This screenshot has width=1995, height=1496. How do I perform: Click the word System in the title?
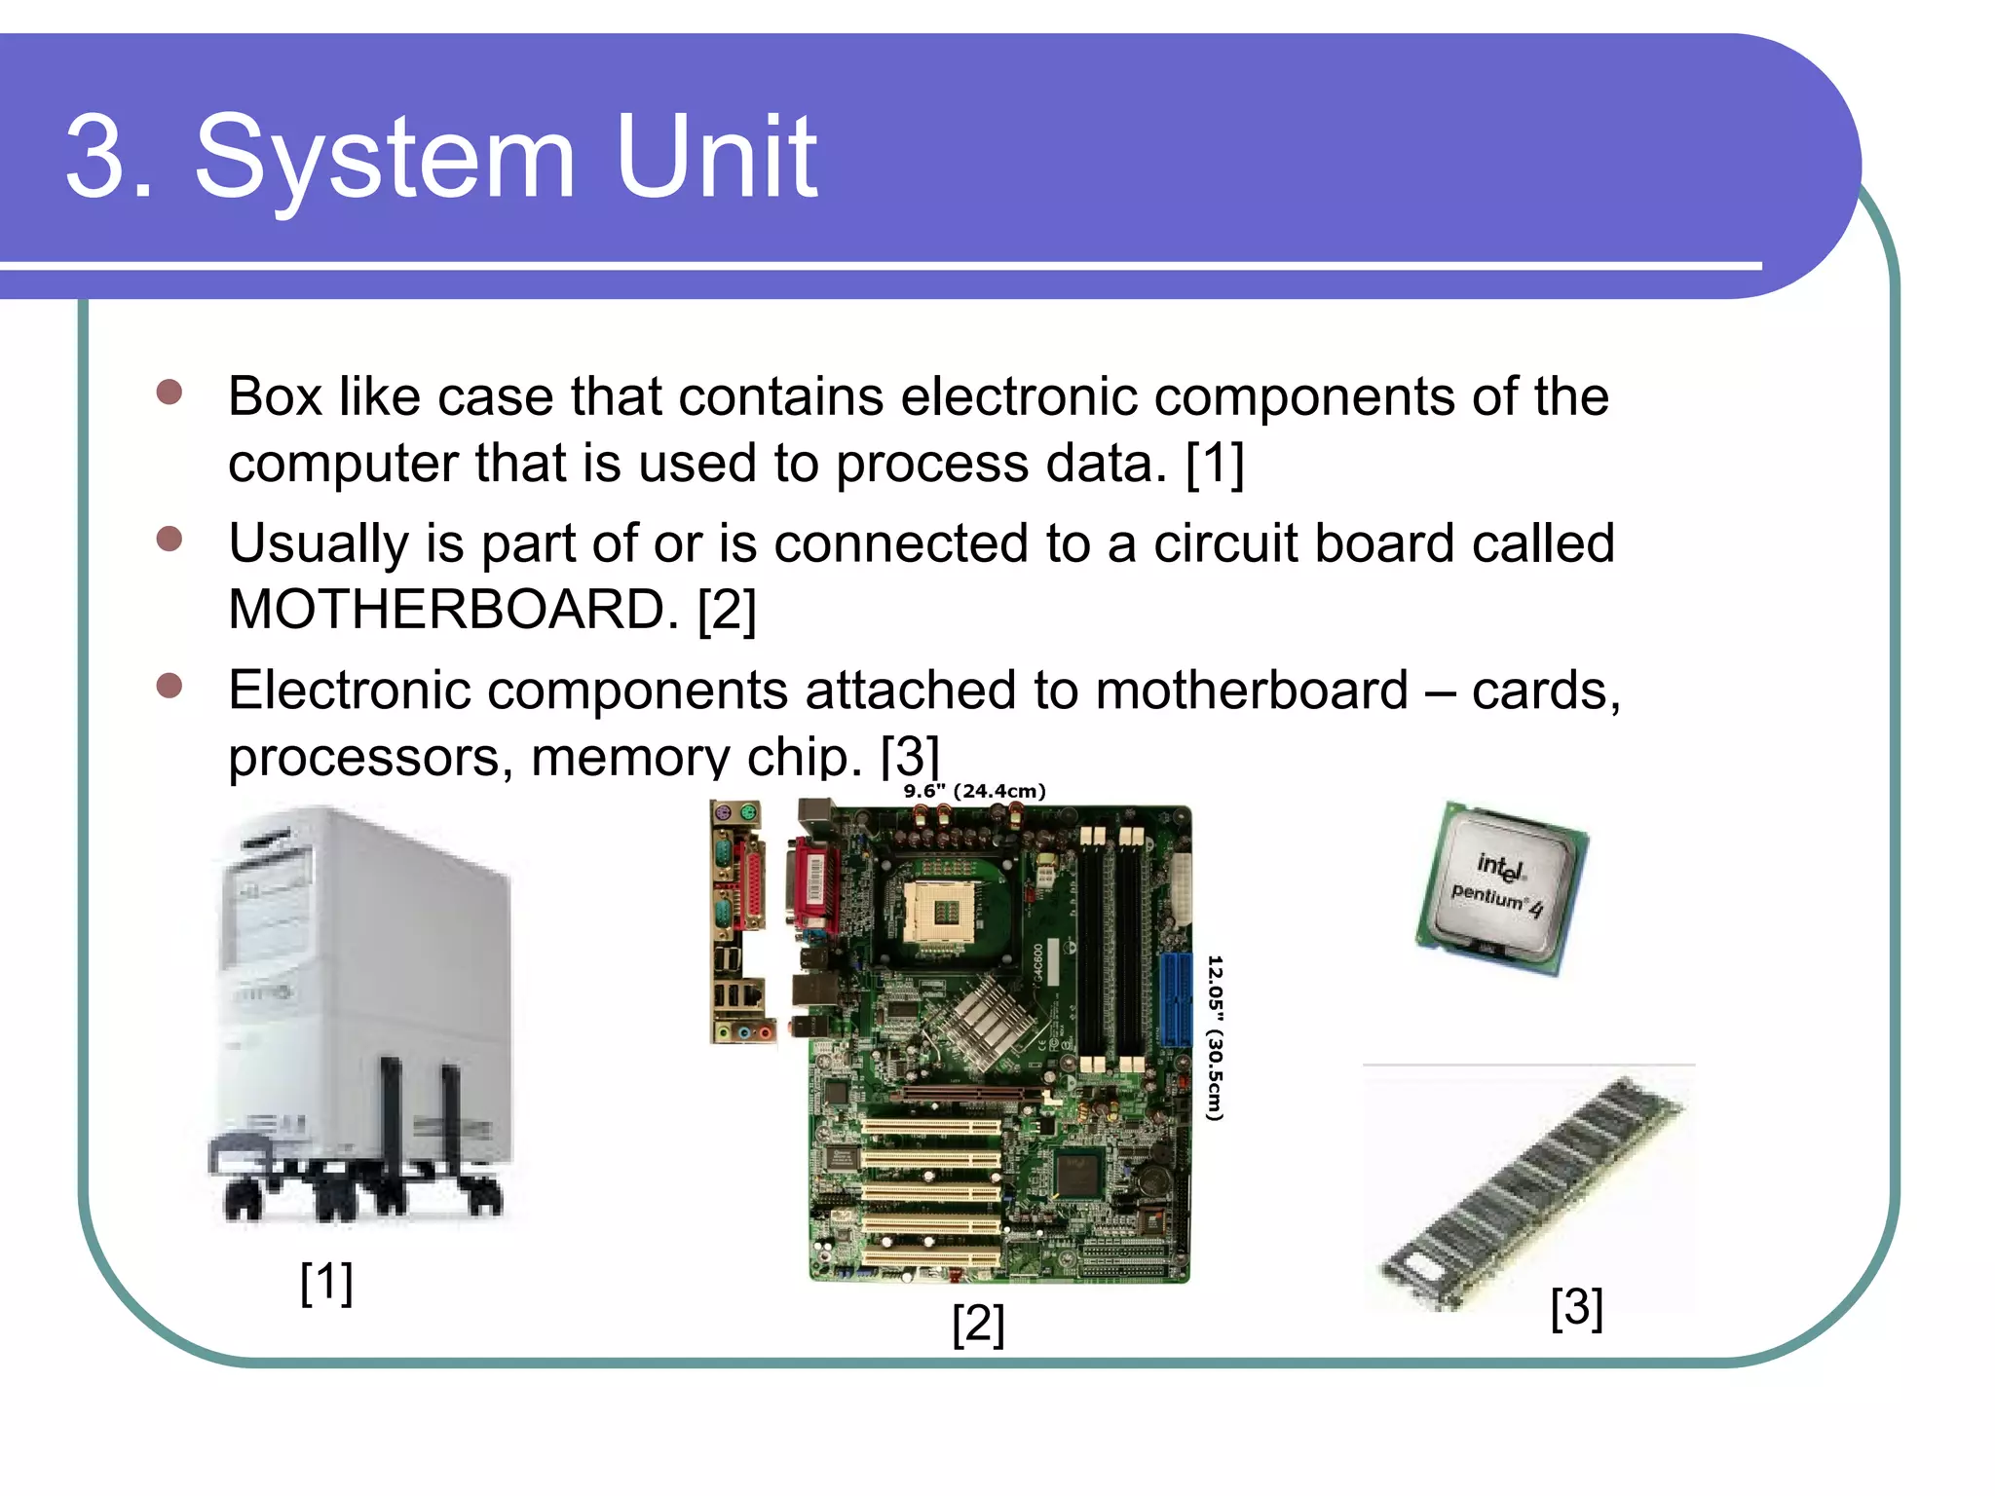[x=385, y=158]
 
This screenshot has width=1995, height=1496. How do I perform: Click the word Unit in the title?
[x=716, y=158]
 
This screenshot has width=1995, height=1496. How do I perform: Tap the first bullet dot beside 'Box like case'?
[x=169, y=392]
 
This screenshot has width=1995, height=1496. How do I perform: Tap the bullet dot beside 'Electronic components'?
[x=169, y=686]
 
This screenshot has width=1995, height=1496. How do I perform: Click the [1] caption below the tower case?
[x=326, y=1282]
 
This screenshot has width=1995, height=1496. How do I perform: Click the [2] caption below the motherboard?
[x=978, y=1324]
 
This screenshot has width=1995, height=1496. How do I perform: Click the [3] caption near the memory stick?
[x=1576, y=1307]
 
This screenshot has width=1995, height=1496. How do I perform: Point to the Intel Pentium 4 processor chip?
[x=1501, y=886]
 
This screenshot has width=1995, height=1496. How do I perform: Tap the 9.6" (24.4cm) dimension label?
[x=974, y=791]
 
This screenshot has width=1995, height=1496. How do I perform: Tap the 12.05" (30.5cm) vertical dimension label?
[x=1215, y=1037]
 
